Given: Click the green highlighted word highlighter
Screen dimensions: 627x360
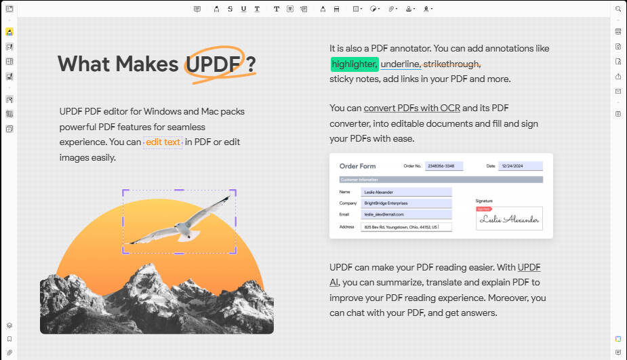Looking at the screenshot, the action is click(355, 64).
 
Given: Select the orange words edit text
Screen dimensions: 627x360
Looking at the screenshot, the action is click(163, 142).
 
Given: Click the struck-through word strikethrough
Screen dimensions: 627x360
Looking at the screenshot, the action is click(451, 64).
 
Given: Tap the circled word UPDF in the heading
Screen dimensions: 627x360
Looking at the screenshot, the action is click(213, 64).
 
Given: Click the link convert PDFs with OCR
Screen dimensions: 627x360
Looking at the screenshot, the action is click(412, 108).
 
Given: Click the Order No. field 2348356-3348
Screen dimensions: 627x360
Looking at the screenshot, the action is click(444, 166).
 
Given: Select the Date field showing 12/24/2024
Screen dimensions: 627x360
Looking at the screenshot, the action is click(520, 166).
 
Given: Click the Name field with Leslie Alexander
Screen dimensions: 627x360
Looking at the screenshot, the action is click(406, 192).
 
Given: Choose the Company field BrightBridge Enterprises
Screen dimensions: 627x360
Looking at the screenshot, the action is click(406, 203).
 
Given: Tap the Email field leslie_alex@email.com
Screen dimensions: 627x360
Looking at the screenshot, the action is click(406, 214).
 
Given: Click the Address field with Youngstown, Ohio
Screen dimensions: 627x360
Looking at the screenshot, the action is click(406, 227).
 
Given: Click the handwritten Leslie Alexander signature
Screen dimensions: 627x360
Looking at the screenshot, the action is click(509, 219).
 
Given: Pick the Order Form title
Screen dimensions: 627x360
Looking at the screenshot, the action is click(357, 166).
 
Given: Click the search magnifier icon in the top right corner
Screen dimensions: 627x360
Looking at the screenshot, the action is click(618, 9).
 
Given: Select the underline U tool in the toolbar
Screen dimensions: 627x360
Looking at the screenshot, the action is click(243, 9).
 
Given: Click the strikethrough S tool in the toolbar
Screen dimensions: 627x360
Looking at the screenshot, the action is click(230, 9).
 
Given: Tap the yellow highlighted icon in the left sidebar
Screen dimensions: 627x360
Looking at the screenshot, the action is click(9, 32).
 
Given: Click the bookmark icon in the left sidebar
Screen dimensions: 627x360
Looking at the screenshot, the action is click(9, 339).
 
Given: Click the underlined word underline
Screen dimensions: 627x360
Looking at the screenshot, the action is click(400, 64).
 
